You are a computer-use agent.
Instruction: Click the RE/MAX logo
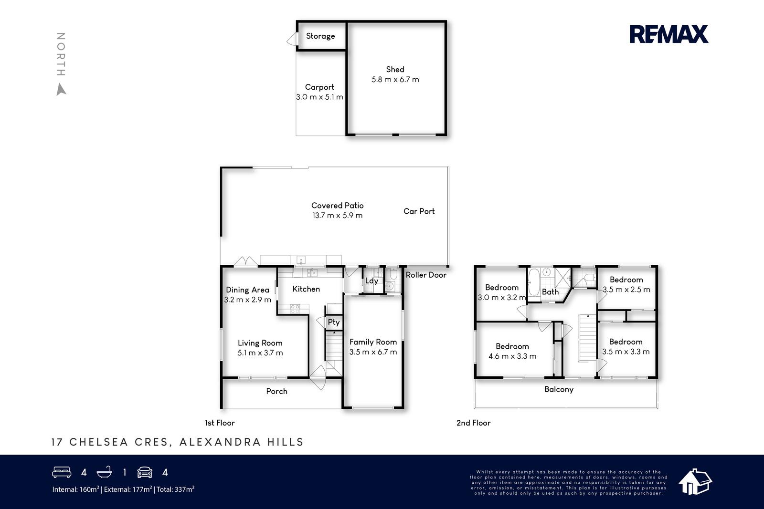[668, 34]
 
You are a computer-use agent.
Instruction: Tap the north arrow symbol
[61, 89]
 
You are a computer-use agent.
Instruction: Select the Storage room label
[320, 36]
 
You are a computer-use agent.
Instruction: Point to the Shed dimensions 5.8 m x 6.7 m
[395, 79]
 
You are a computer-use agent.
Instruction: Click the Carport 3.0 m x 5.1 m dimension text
[319, 97]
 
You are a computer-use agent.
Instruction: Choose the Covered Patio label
[337, 206]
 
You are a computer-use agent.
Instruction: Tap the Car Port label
[419, 211]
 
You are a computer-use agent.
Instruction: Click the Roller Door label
[426, 275]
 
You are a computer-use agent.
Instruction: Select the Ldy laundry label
[371, 280]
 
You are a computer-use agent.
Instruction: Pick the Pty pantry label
[334, 322]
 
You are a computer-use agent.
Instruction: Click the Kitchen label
[306, 289]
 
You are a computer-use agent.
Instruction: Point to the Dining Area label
[248, 290]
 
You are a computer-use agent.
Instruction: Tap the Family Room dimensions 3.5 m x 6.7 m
[373, 352]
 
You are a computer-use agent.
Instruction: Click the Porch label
[276, 391]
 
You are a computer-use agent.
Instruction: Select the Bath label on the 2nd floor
[550, 292]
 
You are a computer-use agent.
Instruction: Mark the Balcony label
[559, 389]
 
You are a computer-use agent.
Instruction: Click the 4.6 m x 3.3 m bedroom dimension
[512, 356]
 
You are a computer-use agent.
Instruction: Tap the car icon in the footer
[145, 472]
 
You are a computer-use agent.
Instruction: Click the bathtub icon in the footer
[105, 472]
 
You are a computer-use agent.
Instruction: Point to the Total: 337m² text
[175, 489]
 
